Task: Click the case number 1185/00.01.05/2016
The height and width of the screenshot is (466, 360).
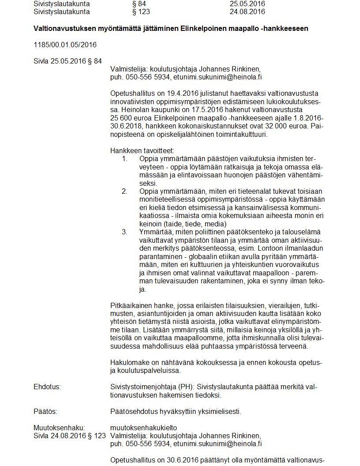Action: (x=65, y=45)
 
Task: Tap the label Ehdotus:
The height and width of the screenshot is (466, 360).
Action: (x=47, y=387)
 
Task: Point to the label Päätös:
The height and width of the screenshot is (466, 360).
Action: (x=45, y=412)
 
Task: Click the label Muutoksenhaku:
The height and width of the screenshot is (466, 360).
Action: (x=59, y=428)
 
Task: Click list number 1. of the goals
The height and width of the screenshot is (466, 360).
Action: (x=125, y=158)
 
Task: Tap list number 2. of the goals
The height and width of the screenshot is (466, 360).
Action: (x=125, y=191)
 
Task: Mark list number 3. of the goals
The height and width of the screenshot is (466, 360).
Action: (x=125, y=232)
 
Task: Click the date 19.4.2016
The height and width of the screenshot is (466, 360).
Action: (x=183, y=94)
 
